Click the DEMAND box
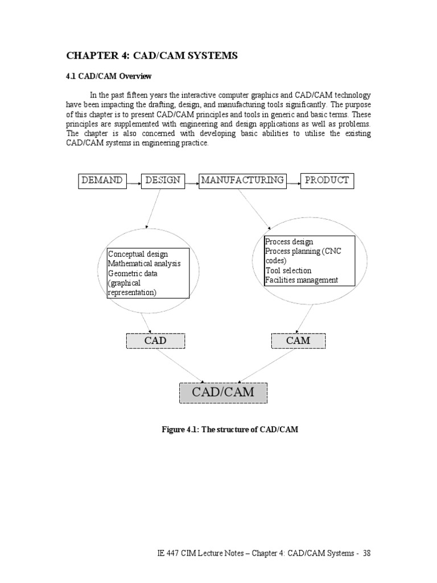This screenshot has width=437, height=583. [x=102, y=181]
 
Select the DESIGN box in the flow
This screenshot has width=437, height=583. [x=162, y=181]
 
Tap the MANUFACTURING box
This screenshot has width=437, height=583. [x=242, y=181]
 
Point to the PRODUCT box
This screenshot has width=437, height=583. [x=327, y=181]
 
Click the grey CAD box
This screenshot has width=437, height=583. [x=155, y=341]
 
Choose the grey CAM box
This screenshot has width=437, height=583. [x=298, y=341]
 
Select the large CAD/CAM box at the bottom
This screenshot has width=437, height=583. [x=223, y=392]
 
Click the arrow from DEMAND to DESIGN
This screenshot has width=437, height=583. [x=134, y=183]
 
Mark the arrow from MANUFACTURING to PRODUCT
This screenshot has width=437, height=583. [x=292, y=183]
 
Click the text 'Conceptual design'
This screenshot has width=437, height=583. [x=138, y=254]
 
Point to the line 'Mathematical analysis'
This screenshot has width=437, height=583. [x=145, y=264]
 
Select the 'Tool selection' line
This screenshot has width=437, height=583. [x=288, y=270]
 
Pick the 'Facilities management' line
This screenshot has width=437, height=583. [x=302, y=280]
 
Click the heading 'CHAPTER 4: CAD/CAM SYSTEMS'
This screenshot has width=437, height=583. [x=152, y=55]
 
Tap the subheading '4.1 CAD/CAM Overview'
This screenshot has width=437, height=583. [x=109, y=76]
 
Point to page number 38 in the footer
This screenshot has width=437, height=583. [x=366, y=553]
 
